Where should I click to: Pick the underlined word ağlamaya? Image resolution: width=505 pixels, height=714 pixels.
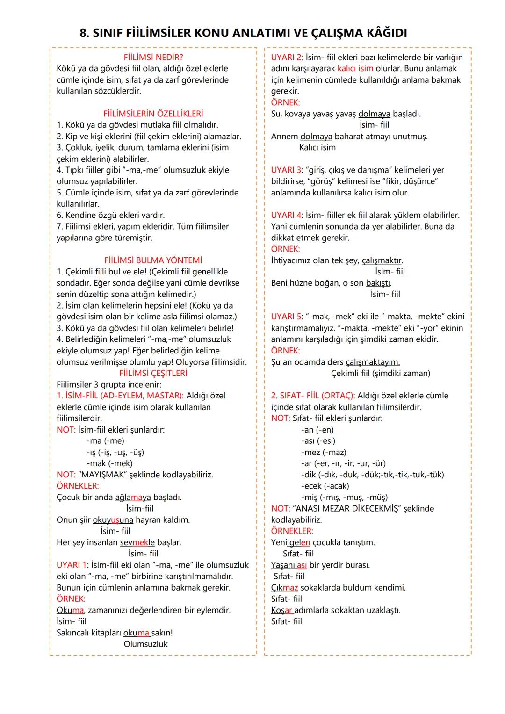point(133,497)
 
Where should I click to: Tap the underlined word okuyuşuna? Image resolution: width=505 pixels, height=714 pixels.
point(113,519)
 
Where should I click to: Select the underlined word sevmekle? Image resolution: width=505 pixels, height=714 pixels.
point(137,542)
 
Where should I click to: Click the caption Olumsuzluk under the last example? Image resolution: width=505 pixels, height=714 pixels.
point(145,644)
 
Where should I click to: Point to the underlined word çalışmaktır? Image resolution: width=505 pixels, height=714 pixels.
point(382,260)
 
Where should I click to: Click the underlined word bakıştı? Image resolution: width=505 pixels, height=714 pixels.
point(378,283)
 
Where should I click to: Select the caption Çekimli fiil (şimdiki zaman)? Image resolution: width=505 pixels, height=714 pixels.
point(380,373)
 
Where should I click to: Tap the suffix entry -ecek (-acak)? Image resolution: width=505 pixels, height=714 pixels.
point(325,486)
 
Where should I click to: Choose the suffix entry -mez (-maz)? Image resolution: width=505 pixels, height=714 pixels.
point(324,452)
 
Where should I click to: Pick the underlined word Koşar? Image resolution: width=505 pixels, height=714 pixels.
point(282,610)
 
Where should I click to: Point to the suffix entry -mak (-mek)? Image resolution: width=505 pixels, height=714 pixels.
point(109,463)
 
